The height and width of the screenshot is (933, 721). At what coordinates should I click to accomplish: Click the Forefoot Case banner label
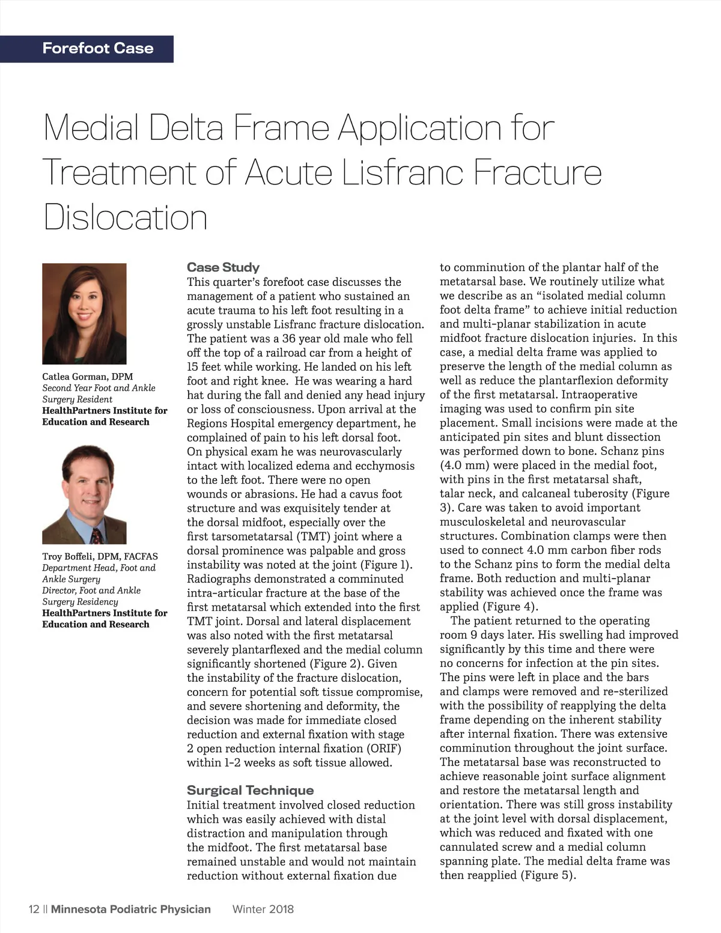pyautogui.click(x=98, y=49)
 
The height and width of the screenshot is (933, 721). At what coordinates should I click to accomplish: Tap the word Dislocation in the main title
pyautogui.click(x=126, y=217)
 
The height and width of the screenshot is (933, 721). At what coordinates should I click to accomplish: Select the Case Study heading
pyautogui.click(x=223, y=267)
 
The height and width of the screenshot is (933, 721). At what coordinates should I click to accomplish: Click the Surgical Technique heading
pyautogui.click(x=250, y=791)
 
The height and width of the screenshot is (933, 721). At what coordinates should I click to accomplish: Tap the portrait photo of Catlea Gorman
pyautogui.click(x=84, y=313)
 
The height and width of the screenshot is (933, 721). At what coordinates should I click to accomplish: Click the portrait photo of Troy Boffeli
pyautogui.click(x=84, y=494)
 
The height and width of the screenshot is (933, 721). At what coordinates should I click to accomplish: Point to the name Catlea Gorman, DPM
pyautogui.click(x=88, y=377)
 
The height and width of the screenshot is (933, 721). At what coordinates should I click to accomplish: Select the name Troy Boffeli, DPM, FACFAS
pyautogui.click(x=100, y=556)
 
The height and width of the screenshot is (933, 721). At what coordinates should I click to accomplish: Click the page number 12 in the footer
pyautogui.click(x=34, y=909)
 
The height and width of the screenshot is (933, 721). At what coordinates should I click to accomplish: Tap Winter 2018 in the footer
pyautogui.click(x=263, y=909)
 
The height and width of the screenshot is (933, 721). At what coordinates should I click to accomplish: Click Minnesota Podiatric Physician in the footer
pyautogui.click(x=131, y=909)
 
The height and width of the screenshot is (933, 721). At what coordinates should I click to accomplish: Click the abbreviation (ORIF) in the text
pyautogui.click(x=383, y=749)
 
